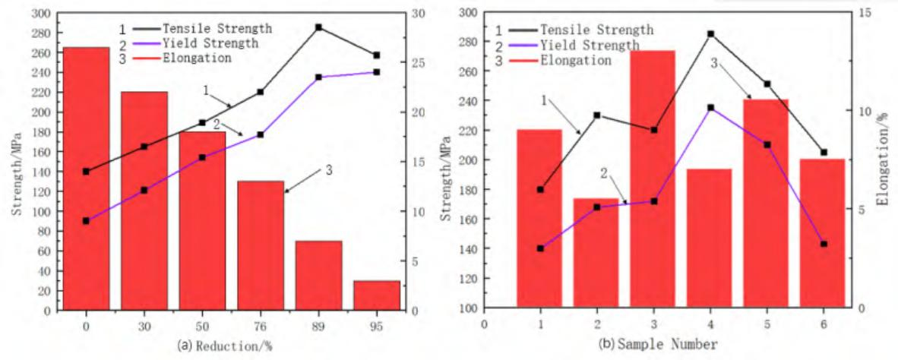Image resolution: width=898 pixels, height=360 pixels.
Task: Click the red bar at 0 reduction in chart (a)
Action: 86,178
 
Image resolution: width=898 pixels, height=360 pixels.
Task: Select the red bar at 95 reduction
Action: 376,295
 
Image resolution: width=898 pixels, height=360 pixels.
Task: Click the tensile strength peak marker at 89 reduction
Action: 318,27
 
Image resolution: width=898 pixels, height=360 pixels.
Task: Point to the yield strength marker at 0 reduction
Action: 86,221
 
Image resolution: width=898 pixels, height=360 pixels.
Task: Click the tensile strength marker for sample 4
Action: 710,34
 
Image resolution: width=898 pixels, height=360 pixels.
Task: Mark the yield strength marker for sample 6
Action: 824,244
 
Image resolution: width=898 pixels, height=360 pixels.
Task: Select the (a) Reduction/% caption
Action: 224,346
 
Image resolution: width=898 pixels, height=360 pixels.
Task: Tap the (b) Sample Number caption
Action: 658,345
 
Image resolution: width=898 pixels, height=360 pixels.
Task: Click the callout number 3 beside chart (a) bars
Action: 329,171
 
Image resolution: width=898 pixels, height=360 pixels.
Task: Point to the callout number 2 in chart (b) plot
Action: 604,173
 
